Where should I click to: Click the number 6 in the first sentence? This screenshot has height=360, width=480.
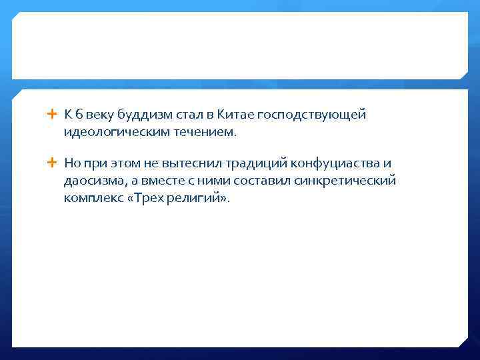(x=78, y=115)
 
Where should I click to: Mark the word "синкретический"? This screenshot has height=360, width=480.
(x=348, y=181)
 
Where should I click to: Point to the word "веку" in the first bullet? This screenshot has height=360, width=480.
(x=99, y=115)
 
